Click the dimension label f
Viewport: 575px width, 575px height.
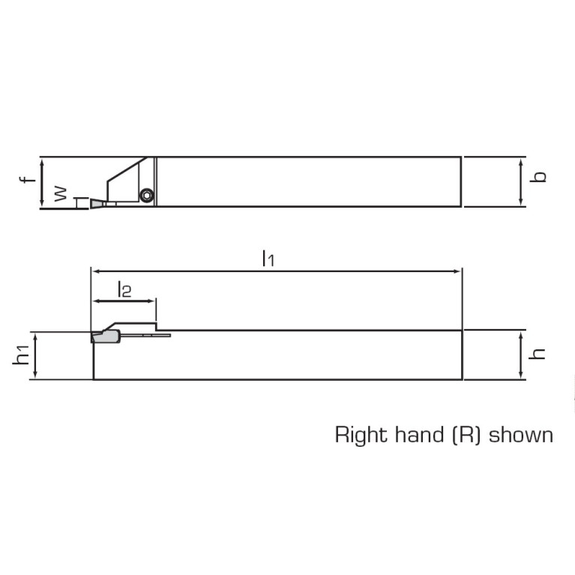[x=25, y=181]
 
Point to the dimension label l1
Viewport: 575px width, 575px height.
[x=268, y=259]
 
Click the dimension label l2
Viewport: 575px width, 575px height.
[x=124, y=289]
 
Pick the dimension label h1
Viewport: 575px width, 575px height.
[x=23, y=356]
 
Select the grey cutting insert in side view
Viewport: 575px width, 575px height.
[x=105, y=337]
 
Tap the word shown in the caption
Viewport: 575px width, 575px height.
[x=521, y=435]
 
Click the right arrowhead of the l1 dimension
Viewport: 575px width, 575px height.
[x=459, y=271]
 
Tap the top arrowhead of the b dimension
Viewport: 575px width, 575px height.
[x=521, y=160]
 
